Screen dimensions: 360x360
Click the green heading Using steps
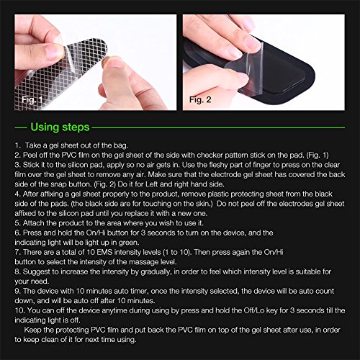point(60,127)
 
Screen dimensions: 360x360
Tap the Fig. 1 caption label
point(32,99)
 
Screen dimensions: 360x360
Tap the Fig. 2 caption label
point(200,99)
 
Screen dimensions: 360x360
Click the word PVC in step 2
point(69,155)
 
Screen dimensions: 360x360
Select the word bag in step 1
point(121,145)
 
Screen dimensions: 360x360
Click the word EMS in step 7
point(104,252)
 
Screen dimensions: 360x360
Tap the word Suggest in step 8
point(37,272)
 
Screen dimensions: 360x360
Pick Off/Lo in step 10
point(254,310)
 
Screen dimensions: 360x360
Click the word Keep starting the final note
point(32,330)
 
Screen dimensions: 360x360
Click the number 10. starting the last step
point(19,310)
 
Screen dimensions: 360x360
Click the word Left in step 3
point(152,184)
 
